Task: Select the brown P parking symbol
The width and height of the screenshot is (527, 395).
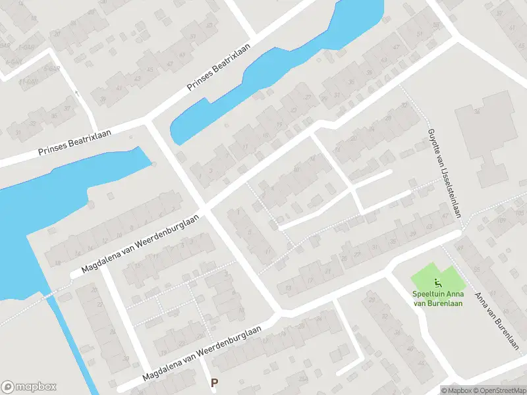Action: point(213,382)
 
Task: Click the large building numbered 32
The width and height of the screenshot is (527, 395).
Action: point(491,138)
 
